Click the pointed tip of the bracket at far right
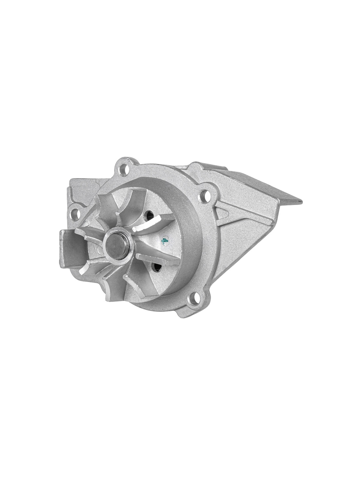pyautogui.click(x=302, y=202)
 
